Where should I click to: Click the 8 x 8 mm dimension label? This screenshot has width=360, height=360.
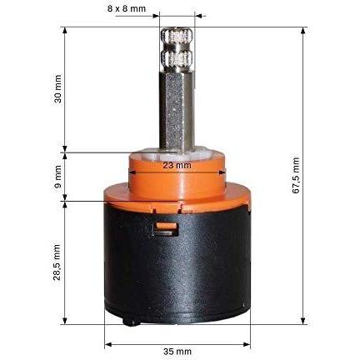pyautogui.click(x=127, y=8)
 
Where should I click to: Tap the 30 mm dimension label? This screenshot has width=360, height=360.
pyautogui.click(x=57, y=88)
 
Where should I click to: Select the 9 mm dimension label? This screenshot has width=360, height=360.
pyautogui.click(x=57, y=177)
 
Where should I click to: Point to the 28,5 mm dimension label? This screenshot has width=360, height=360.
pyautogui.click(x=57, y=262)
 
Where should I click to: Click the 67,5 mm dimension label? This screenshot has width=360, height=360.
pyautogui.click(x=296, y=175)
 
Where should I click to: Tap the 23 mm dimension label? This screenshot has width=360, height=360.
pyautogui.click(x=177, y=165)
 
